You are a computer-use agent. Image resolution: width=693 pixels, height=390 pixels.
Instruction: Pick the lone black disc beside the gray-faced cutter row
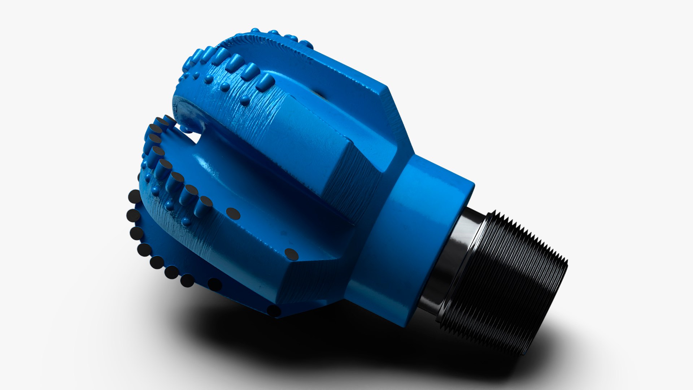233,214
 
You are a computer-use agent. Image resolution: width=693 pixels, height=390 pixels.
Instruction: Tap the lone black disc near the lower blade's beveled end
291,254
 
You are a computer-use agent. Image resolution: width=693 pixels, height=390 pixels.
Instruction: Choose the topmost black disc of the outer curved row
134,197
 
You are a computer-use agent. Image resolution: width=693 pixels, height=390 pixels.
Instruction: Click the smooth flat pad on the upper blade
307,141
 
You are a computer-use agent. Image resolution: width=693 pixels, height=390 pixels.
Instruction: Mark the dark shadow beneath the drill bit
325,347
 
